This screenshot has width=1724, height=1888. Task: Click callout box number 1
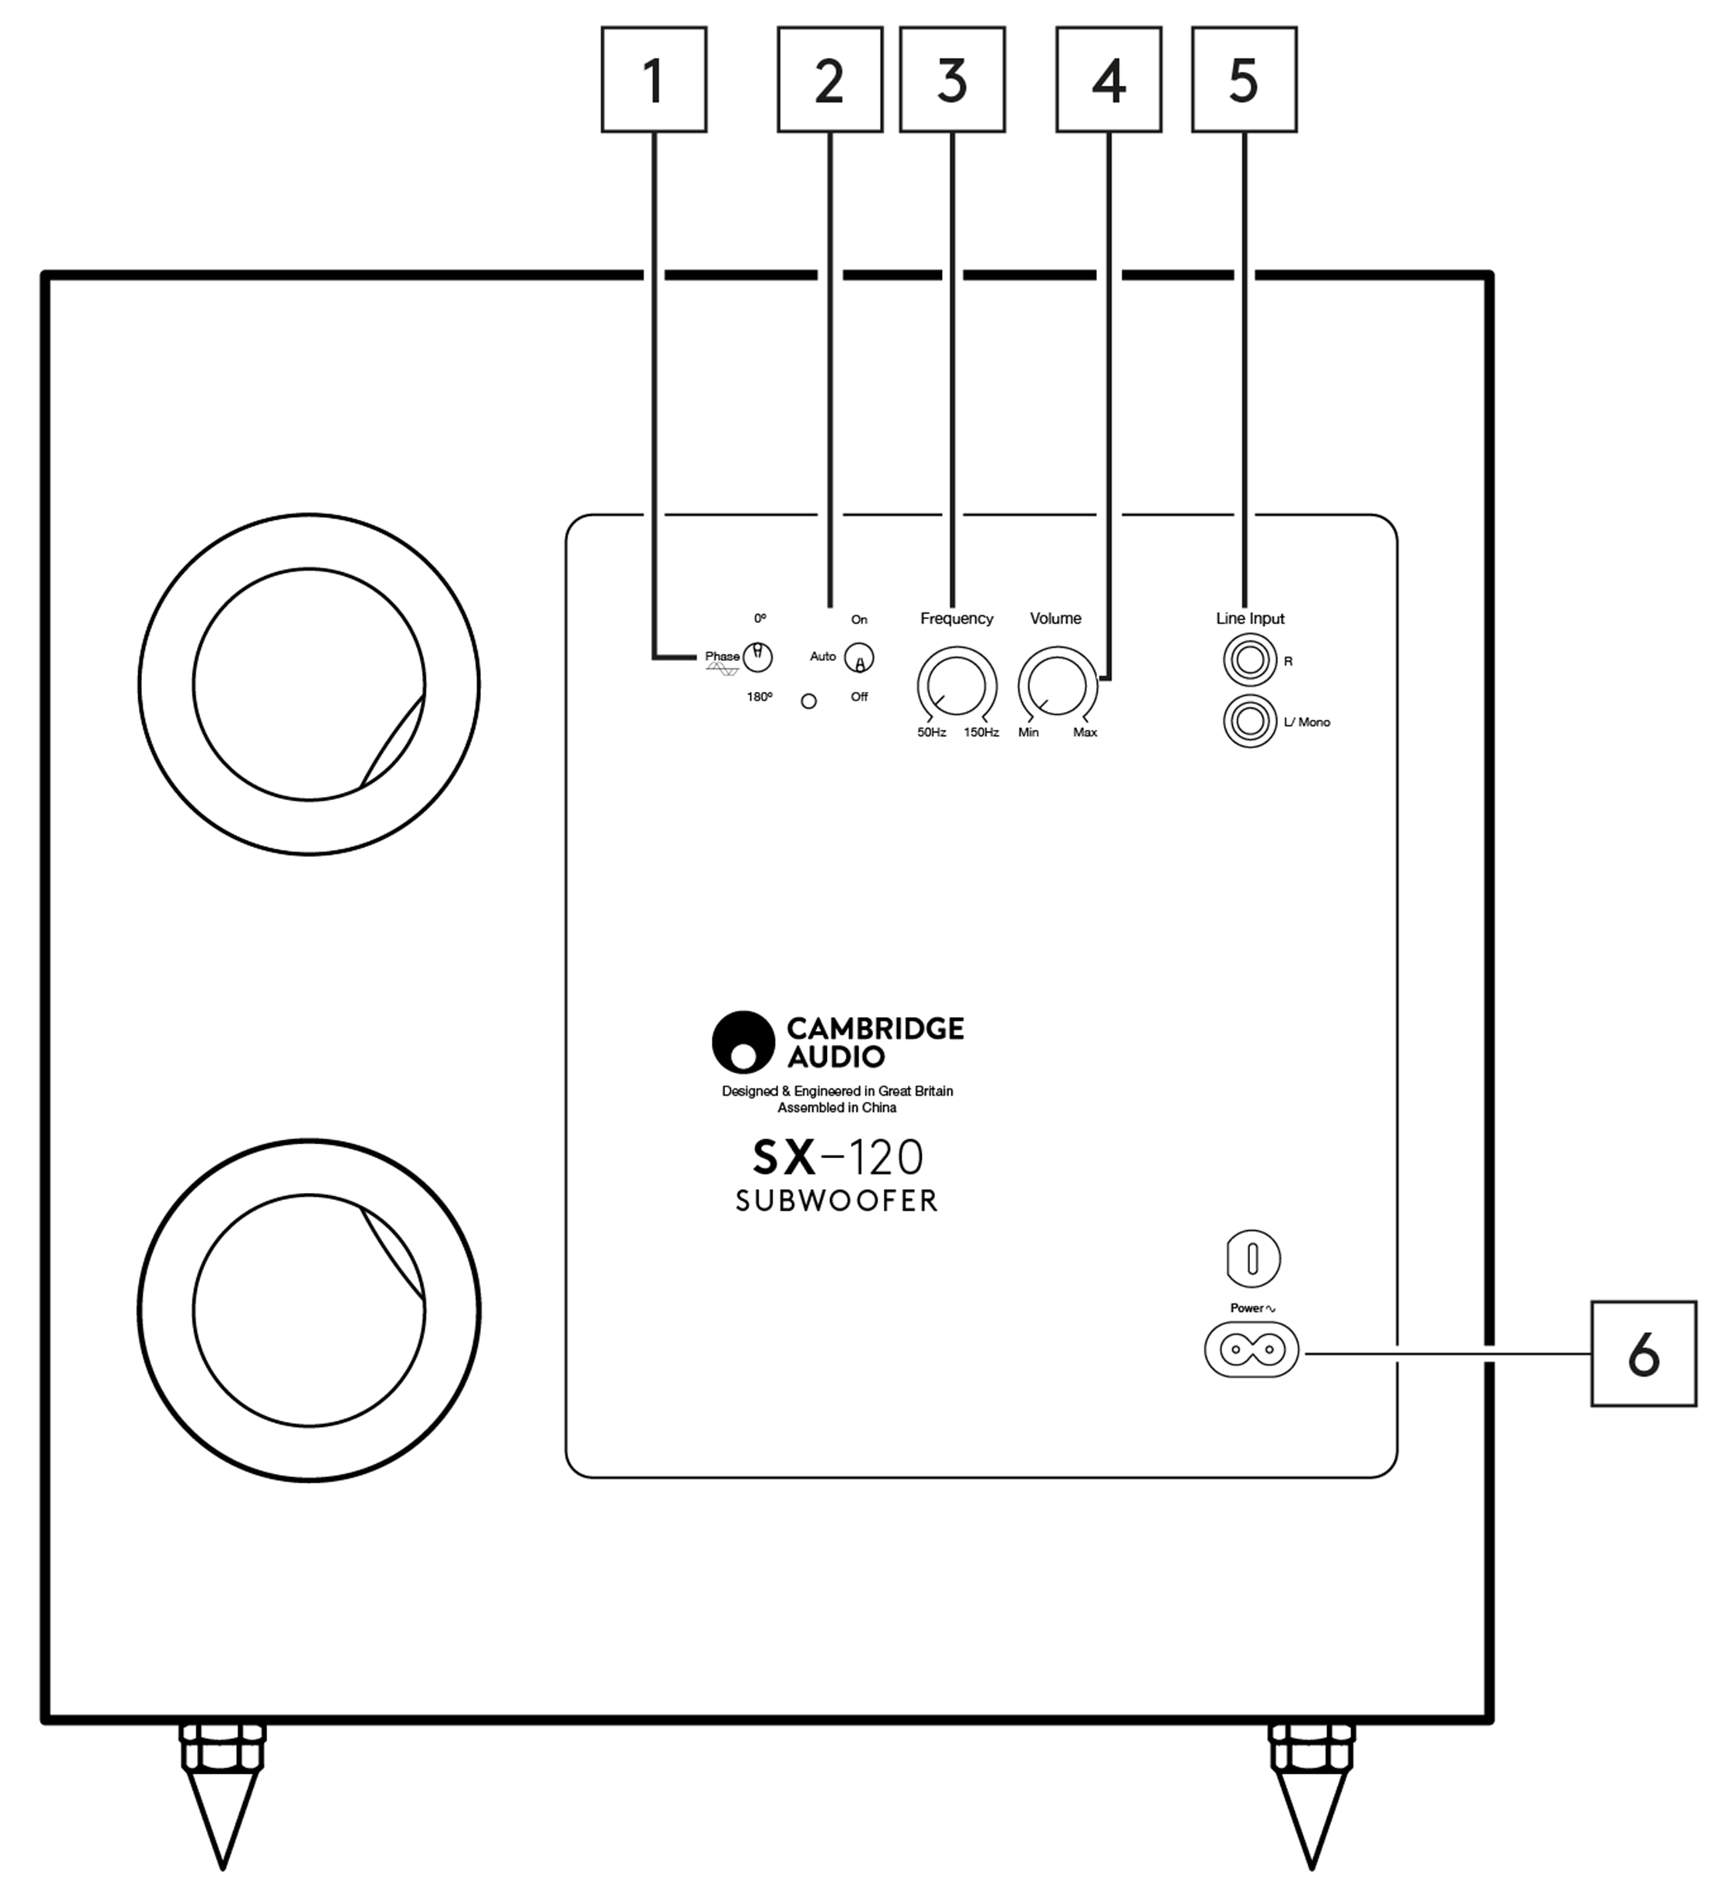tap(654, 80)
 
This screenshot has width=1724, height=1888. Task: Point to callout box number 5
tap(1244, 80)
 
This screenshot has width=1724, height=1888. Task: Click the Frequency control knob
tap(956, 686)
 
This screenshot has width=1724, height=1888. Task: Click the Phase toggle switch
tap(757, 657)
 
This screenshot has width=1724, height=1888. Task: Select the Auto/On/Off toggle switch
tap(859, 659)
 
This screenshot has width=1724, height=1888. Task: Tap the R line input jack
tap(1249, 661)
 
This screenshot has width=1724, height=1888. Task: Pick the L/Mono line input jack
tap(1249, 722)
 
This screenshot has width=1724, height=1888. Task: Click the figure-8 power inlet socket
tap(1251, 1350)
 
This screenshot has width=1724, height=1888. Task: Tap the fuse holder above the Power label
tap(1252, 1259)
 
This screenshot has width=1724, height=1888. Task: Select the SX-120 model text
tap(837, 1158)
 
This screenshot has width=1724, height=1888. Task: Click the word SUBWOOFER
tap(836, 1202)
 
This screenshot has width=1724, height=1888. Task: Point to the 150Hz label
tap(981, 732)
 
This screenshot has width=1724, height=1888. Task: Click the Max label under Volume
tap(1085, 732)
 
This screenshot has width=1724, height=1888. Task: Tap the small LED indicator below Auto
tap(808, 701)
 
